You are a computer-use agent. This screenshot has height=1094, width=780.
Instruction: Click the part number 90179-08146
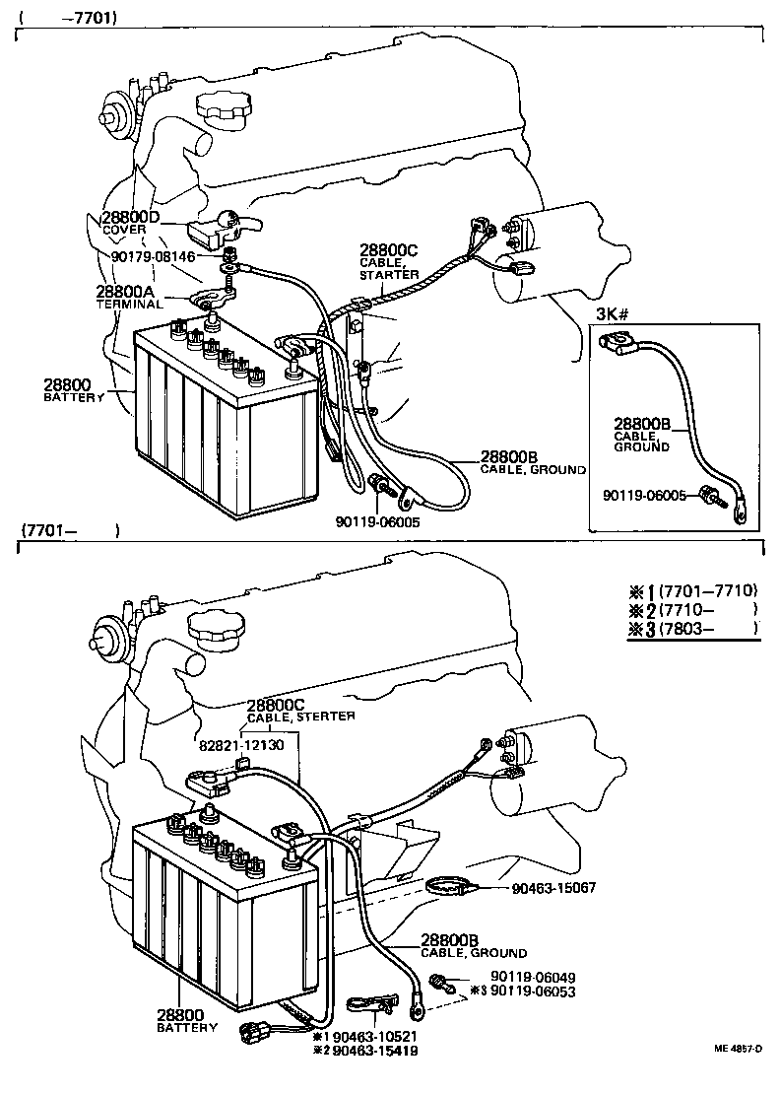153,256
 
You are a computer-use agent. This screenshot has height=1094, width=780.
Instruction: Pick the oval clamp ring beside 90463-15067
455,888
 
